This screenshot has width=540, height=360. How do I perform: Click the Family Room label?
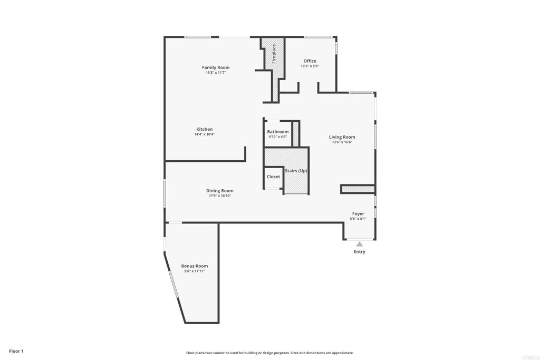[x=216, y=67]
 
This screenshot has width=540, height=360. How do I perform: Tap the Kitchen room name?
[x=205, y=129]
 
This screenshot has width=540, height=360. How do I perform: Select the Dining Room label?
[x=219, y=191]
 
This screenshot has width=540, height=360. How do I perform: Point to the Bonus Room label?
[x=195, y=266]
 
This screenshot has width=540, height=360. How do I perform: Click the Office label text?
[x=310, y=61]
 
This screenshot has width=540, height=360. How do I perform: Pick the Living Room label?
[x=342, y=137]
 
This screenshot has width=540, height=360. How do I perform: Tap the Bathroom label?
[x=277, y=132]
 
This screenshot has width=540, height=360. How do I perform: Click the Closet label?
[x=273, y=177]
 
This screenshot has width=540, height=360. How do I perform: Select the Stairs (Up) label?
[x=296, y=171]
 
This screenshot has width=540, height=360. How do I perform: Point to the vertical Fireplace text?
[x=274, y=54]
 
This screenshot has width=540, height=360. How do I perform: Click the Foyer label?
[x=358, y=214]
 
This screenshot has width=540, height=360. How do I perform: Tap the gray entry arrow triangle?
[x=359, y=244]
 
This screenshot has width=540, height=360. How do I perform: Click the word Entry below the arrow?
[x=359, y=252]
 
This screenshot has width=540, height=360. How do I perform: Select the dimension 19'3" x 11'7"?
[x=216, y=72]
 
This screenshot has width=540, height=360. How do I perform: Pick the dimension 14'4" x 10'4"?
[x=205, y=134]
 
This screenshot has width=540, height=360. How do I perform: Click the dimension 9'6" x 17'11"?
[x=195, y=271]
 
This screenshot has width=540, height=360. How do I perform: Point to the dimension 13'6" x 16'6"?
[x=342, y=142]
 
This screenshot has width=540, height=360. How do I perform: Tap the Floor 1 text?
[x=16, y=351]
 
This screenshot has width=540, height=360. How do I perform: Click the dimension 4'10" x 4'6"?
[x=277, y=137]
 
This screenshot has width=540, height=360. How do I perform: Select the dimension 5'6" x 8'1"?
[x=358, y=219]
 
